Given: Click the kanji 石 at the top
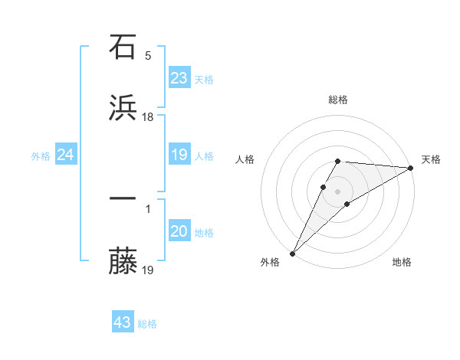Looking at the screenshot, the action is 123,47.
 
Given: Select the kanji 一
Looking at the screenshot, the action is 123,199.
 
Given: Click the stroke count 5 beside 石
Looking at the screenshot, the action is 148,55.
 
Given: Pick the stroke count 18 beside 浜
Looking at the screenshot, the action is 148,116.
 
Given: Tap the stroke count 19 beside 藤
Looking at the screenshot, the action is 148,269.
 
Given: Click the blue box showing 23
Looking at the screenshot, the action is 179,78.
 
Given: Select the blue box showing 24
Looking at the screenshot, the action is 66,155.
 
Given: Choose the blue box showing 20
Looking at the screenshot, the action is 179,231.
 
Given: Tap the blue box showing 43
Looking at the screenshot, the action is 123,322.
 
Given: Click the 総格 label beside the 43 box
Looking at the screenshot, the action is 147,324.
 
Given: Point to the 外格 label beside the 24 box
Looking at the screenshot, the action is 41,156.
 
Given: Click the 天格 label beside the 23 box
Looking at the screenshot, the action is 204,80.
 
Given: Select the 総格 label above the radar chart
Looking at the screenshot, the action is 338,100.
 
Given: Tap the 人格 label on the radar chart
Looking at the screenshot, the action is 246,159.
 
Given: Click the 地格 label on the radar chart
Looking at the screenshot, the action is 402,262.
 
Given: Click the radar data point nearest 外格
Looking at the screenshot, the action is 292,253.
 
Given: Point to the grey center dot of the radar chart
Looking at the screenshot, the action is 337,191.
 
